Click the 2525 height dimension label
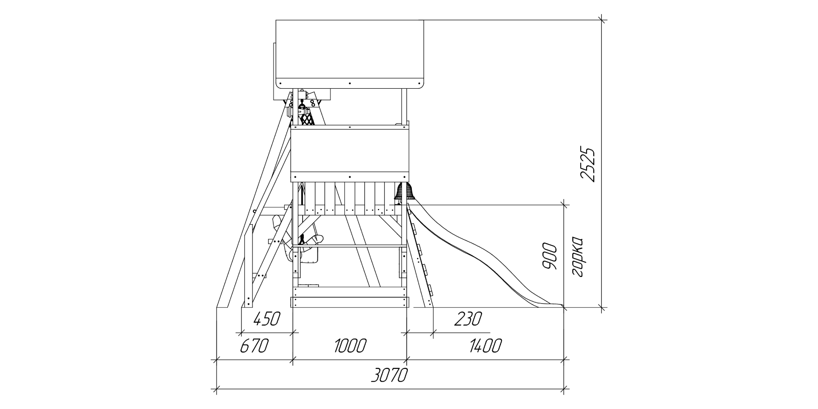point(587,164)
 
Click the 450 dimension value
point(267,319)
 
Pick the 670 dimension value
point(254,346)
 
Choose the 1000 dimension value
point(350,346)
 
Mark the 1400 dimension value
point(485,346)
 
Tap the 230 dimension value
point(468,319)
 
